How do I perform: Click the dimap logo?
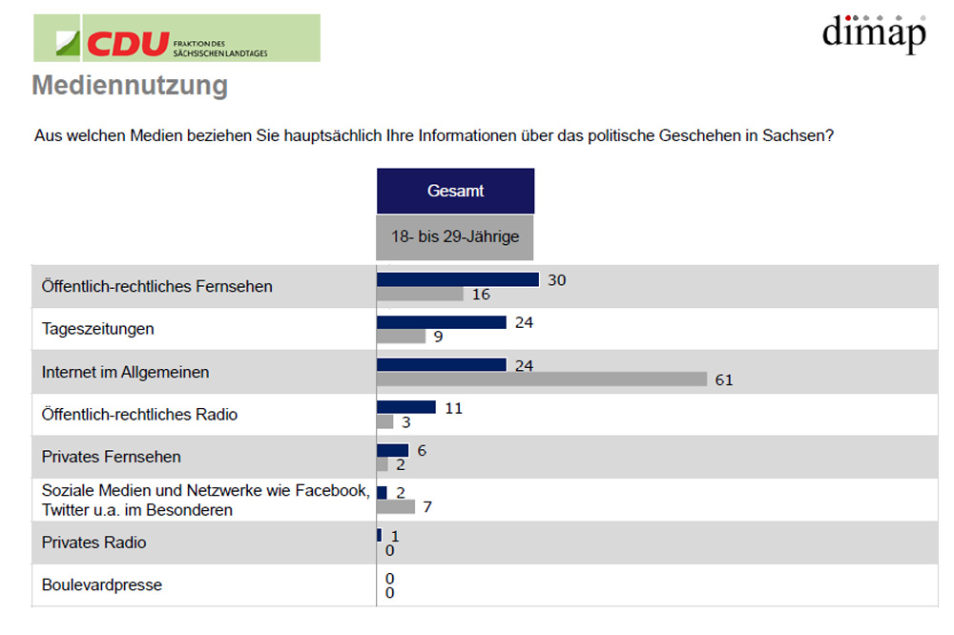(x=874, y=33)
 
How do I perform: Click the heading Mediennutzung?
(x=130, y=86)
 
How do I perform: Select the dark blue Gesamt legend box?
(x=455, y=191)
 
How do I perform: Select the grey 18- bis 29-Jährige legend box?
(x=455, y=236)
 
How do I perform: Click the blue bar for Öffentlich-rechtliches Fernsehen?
(x=458, y=279)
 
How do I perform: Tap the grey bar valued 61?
(x=542, y=379)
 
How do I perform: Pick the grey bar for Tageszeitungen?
(x=401, y=337)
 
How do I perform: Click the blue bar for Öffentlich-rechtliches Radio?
(x=406, y=407)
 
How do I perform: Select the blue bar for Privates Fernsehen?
(x=392, y=450)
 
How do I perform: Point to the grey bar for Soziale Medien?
(x=396, y=507)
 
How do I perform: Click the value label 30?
(x=557, y=279)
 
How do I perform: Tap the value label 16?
(x=481, y=295)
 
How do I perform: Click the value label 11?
(x=454, y=407)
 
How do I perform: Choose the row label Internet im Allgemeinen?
(x=125, y=372)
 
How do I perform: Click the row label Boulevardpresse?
(x=102, y=584)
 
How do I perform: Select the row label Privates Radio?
(x=93, y=543)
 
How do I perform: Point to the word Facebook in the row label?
(x=337, y=491)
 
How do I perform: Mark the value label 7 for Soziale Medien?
(x=427, y=507)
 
